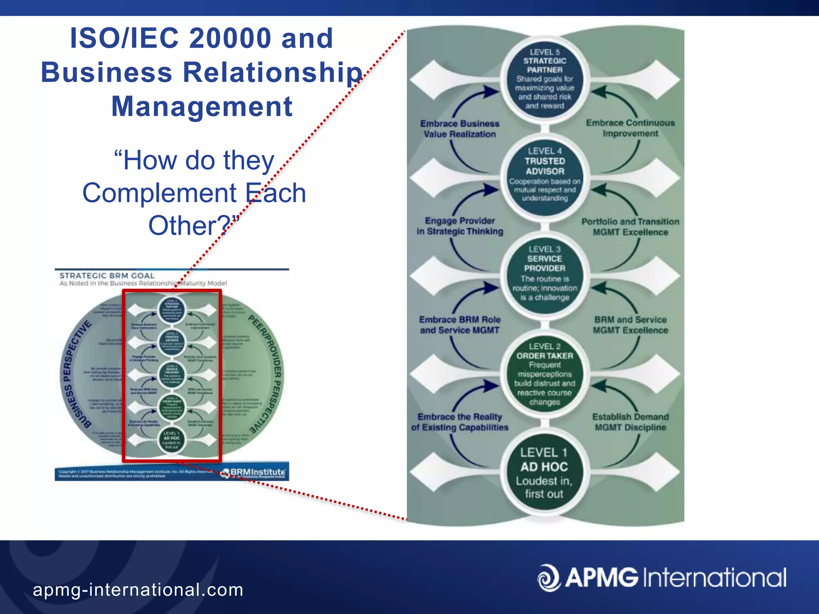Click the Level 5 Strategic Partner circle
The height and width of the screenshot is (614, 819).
click(544, 79)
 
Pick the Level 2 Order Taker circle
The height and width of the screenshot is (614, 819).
click(544, 374)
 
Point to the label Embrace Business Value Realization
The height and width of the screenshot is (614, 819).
click(459, 129)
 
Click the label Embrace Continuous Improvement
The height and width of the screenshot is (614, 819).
click(630, 128)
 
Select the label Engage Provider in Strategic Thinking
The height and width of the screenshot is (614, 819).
click(459, 226)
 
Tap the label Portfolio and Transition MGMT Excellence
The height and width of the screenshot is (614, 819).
click(630, 227)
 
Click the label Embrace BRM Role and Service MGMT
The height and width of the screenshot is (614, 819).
click(459, 325)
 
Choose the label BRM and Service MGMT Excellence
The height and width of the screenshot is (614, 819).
click(630, 325)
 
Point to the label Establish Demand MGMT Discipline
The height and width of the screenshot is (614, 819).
click(630, 422)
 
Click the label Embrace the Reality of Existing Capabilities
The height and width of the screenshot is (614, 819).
click(459, 422)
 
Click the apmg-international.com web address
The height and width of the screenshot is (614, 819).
click(138, 590)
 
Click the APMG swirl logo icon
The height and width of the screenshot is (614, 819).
click(549, 578)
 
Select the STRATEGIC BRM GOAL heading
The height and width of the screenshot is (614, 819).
click(107, 275)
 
